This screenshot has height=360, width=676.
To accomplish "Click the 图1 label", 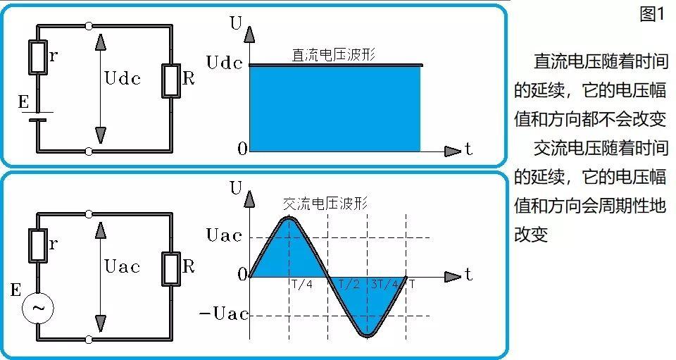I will (652, 15).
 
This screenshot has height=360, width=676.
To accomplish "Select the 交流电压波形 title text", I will (325, 204).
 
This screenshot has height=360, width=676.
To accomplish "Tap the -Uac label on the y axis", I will (223, 314).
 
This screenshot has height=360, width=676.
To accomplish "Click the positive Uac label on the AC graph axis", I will (224, 235).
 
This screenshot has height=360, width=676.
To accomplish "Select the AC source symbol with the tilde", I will (38, 308).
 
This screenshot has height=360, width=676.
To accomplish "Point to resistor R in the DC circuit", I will (172, 79).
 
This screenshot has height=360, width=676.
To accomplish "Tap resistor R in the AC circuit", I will (172, 268).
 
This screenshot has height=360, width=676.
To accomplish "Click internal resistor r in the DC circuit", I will (38, 58).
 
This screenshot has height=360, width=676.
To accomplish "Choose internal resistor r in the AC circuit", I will (38, 245).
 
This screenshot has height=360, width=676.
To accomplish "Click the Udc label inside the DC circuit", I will (122, 78).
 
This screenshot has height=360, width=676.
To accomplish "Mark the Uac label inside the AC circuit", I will (122, 266).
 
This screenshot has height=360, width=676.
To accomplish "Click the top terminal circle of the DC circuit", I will (89, 27).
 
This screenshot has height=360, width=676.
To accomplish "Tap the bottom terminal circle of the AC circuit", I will (89, 340).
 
